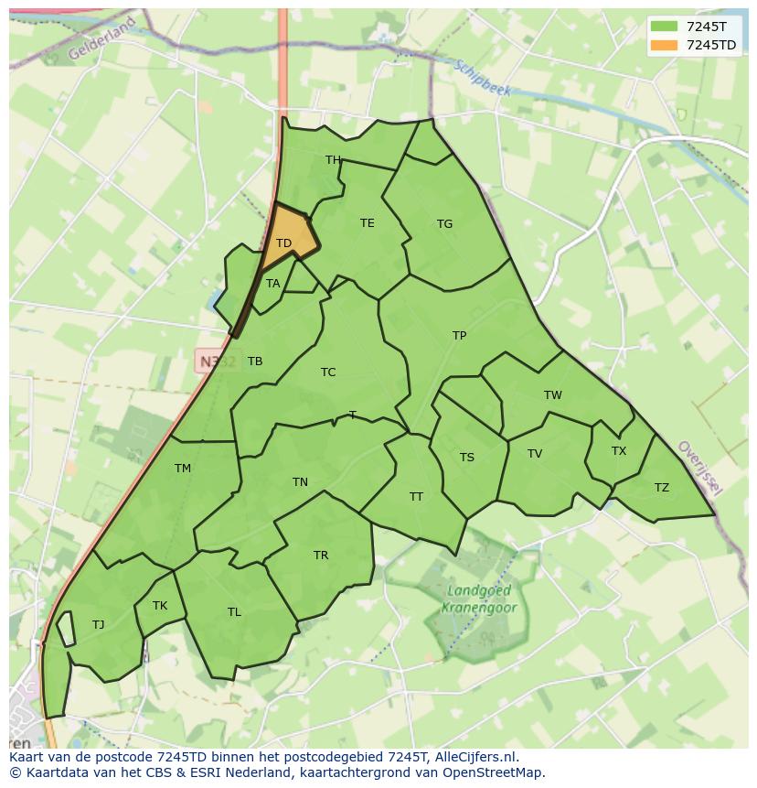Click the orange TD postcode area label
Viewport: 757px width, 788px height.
(283, 243)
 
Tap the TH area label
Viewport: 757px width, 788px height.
(333, 160)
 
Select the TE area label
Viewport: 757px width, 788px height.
(367, 223)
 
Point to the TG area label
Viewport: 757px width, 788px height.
(444, 224)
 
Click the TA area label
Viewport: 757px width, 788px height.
(272, 284)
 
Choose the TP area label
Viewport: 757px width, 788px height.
(459, 336)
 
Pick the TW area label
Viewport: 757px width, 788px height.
(552, 395)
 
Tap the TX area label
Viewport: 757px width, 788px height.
(619, 451)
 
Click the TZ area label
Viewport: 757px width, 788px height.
(661, 488)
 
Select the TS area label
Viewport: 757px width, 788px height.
(466, 458)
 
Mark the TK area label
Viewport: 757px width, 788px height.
(160, 606)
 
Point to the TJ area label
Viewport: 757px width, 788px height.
(98, 625)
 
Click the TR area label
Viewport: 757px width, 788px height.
(321, 556)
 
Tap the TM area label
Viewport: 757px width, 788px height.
(183, 469)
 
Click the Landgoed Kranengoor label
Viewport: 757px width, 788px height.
(479, 599)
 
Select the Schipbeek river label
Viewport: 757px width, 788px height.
(482, 79)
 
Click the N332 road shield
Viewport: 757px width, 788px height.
(217, 362)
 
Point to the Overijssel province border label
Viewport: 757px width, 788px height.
(699, 468)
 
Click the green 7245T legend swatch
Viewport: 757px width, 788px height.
(664, 26)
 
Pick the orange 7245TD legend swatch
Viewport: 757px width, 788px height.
(664, 45)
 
